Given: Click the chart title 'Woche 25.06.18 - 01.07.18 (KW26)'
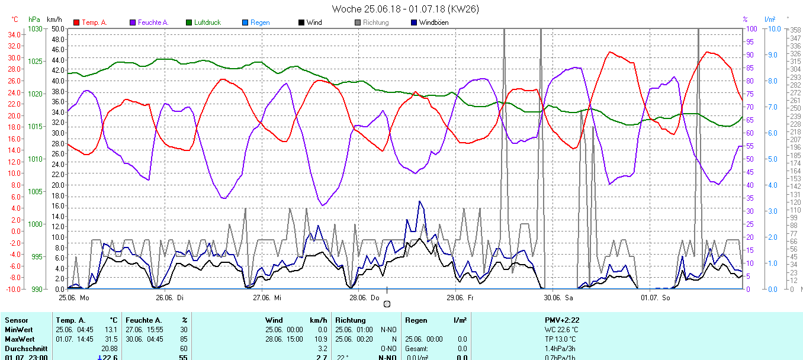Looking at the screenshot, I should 405,9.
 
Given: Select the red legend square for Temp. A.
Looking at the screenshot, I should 76,22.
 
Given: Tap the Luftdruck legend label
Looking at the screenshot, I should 207,22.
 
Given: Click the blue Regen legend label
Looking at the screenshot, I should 260,22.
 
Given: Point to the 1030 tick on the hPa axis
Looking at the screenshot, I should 35,29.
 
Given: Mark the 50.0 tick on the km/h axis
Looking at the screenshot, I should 57,29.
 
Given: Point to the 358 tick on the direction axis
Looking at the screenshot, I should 795,30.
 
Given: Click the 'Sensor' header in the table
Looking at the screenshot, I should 16,320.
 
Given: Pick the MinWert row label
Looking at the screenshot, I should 19,330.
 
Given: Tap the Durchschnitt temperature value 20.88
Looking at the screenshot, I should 109,349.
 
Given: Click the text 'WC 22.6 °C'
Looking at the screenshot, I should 561,330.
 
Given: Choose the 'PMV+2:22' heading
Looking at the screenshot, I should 561,320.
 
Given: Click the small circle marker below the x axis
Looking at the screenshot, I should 387,304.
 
